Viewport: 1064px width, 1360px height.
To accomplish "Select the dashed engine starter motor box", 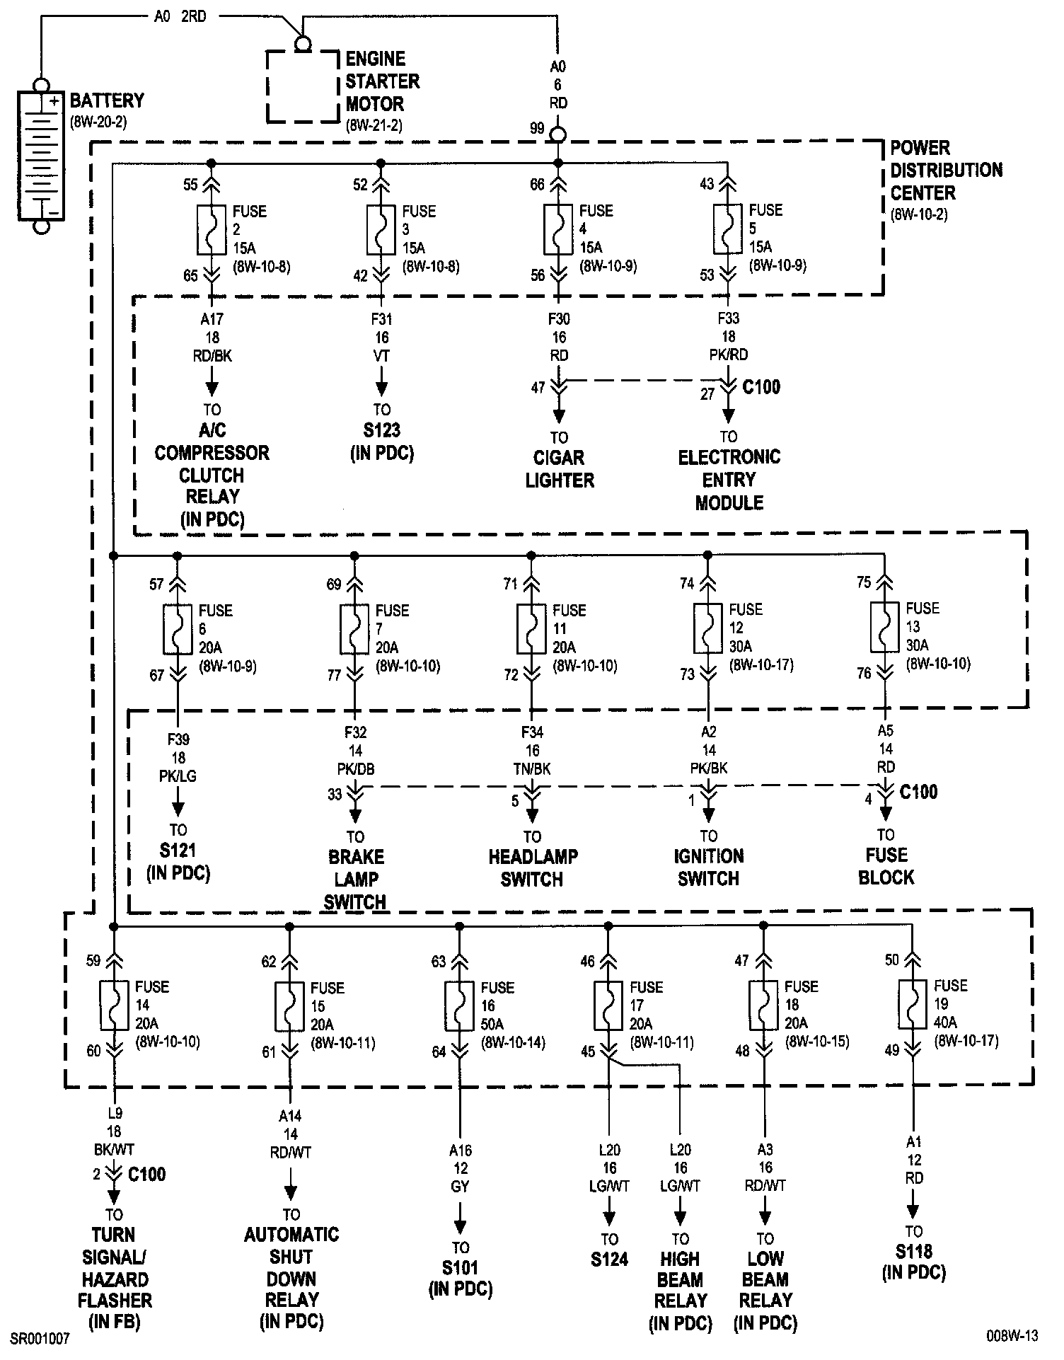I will (x=302, y=86).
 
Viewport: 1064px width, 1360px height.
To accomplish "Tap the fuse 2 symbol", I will (x=212, y=230).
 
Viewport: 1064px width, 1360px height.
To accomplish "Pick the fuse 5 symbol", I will (x=728, y=229).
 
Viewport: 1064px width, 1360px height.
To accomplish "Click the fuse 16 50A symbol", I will (x=460, y=1005).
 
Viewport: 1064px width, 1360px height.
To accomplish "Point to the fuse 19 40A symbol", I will (x=913, y=1004).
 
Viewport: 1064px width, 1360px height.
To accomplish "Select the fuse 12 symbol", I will (x=707, y=628).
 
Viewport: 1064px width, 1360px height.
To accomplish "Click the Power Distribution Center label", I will (x=945, y=171).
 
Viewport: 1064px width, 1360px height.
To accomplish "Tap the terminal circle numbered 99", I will (x=558, y=134).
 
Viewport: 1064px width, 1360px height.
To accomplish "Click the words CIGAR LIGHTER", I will (x=559, y=469).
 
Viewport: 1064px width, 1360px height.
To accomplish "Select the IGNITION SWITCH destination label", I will (x=708, y=868).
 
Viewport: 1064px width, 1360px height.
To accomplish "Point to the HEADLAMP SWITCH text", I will (x=533, y=868).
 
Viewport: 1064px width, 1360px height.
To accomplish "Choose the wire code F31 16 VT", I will (x=381, y=338).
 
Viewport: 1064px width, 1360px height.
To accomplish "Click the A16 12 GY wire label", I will (x=460, y=1169).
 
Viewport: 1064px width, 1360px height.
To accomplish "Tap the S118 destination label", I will (x=913, y=1262).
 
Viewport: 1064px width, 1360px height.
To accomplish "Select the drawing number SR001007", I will (x=40, y=1339).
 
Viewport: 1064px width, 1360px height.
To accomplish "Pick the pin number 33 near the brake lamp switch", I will (x=335, y=795).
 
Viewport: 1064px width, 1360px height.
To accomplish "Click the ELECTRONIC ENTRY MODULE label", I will (x=729, y=480).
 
